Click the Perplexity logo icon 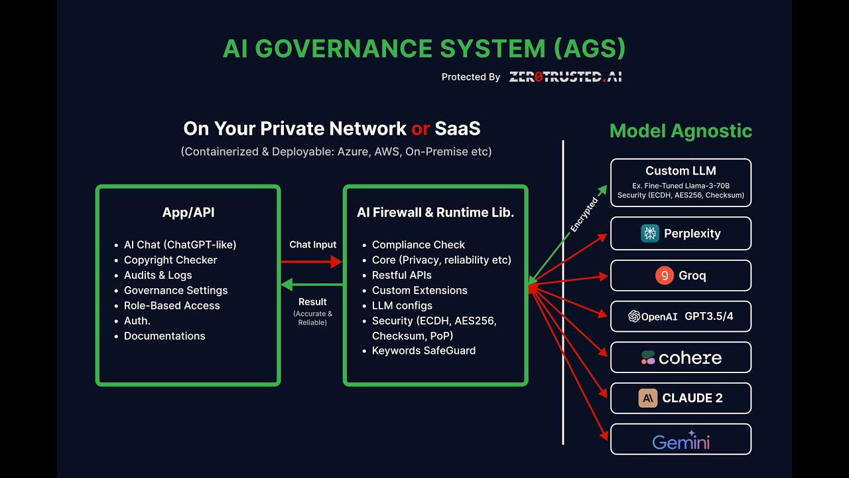(650, 233)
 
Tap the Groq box (681, 276)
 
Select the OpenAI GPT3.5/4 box (681, 316)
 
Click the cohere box (681, 358)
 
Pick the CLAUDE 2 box (681, 398)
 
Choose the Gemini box (681, 439)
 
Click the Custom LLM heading (681, 171)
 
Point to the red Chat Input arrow (312, 262)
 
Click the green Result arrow (312, 285)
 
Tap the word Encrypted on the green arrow (584, 214)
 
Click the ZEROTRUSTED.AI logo (565, 77)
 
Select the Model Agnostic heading (681, 131)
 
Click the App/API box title (188, 212)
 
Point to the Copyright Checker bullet (170, 260)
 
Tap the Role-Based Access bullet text (172, 305)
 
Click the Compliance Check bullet (419, 245)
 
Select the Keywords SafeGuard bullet (424, 351)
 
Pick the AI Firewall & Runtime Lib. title (435, 212)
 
